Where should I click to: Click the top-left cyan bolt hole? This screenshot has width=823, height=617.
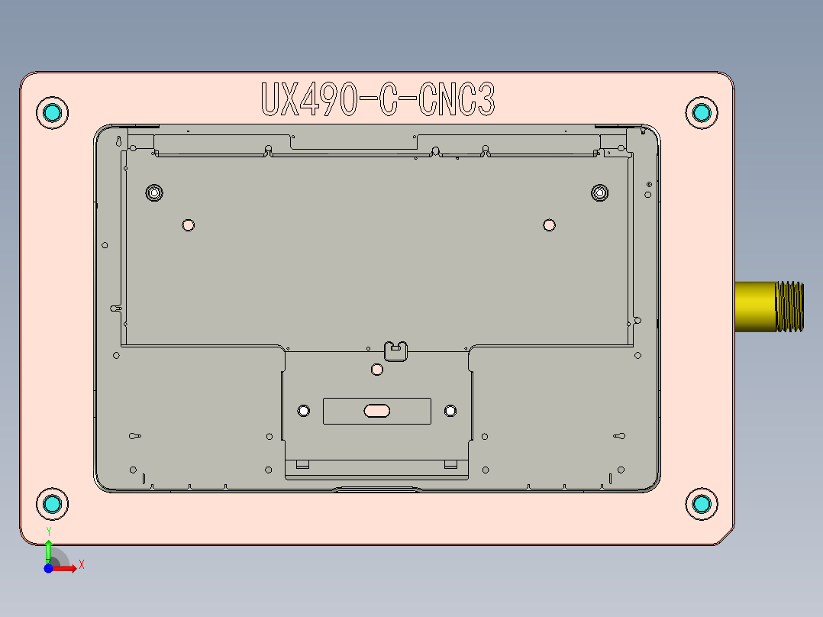click(53, 113)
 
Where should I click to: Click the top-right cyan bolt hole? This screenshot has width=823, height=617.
click(701, 113)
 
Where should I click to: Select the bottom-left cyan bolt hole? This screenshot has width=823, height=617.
click(53, 504)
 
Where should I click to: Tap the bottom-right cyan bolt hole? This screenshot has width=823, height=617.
click(701, 504)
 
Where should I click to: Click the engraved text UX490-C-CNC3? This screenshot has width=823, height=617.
click(378, 100)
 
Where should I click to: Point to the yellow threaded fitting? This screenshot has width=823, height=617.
click(769, 306)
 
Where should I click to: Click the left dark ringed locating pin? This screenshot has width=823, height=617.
click(154, 192)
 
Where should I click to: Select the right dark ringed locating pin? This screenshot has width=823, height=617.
click(600, 192)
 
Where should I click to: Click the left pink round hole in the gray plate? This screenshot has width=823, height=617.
click(189, 225)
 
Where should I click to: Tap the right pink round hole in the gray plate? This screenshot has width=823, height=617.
click(549, 225)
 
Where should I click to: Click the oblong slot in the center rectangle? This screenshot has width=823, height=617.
click(377, 411)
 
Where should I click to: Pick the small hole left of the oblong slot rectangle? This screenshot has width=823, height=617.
click(303, 411)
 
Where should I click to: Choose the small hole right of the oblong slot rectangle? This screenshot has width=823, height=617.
click(450, 411)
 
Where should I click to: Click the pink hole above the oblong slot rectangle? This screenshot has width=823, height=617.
click(376, 370)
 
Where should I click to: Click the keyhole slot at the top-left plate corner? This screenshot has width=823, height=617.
click(119, 141)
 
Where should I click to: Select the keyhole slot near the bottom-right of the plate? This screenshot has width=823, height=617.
click(619, 436)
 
